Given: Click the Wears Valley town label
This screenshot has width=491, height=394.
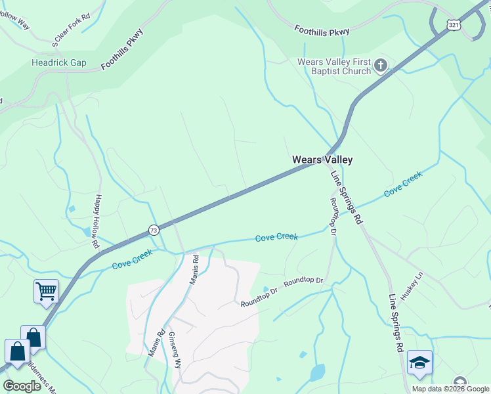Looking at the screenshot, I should pyautogui.click(x=322, y=160).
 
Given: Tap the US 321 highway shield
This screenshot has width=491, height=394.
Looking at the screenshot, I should pyautogui.click(x=454, y=24).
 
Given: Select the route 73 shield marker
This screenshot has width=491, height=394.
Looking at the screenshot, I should pyautogui.click(x=153, y=230).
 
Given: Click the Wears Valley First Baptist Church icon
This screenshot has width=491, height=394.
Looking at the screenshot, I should pyautogui.click(x=381, y=65).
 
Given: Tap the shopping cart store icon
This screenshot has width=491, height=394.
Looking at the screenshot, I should pyautogui.click(x=46, y=290).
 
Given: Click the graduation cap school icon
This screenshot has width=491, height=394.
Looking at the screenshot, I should pyautogui.click(x=419, y=362).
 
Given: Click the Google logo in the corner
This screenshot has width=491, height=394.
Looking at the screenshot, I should pyautogui.click(x=22, y=385).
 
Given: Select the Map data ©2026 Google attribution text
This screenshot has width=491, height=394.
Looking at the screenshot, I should pyautogui.click(x=450, y=389).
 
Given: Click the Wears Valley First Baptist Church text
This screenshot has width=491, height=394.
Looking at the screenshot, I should pyautogui.click(x=335, y=66).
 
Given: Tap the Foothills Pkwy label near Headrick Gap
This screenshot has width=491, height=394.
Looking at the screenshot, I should pyautogui.click(x=122, y=50).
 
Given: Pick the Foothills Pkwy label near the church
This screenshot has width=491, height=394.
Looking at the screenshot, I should pyautogui.click(x=322, y=30).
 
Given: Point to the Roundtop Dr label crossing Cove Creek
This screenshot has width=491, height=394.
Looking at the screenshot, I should pyautogui.click(x=333, y=217).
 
